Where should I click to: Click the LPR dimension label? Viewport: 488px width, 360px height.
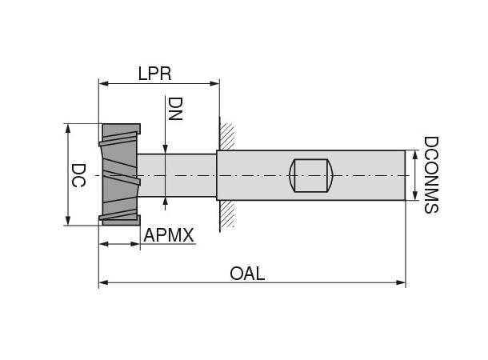(155, 73)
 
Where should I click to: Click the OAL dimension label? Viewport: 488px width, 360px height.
(247, 274)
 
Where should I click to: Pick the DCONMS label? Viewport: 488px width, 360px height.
(430, 174)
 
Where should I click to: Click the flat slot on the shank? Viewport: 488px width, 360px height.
(310, 175)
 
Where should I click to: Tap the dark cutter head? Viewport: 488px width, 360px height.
(119, 174)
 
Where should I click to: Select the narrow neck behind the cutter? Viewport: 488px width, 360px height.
(178, 175)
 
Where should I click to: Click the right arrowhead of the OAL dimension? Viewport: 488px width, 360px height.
(402, 282)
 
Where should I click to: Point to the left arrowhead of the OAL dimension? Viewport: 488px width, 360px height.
(103, 282)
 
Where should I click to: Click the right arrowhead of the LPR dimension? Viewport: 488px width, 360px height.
(215, 82)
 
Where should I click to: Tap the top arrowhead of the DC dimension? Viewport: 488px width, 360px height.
(68, 128)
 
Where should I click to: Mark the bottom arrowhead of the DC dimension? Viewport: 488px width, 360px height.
(68, 222)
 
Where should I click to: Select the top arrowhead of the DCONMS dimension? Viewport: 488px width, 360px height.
(414, 154)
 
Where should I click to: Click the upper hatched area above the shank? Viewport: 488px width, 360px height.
(228, 135)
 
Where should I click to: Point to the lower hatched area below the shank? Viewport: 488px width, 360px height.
(228, 214)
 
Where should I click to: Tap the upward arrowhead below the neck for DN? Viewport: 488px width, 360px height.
(165, 200)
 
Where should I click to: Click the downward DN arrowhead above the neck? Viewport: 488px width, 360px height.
(165, 149)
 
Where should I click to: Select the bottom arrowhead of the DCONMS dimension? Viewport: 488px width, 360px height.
(414, 196)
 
